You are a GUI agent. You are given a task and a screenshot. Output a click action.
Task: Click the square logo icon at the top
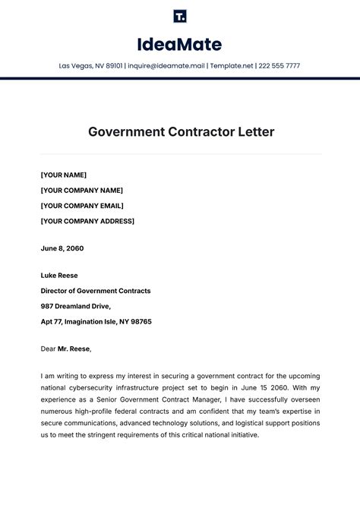179,16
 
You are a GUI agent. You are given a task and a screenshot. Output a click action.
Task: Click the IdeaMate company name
179,44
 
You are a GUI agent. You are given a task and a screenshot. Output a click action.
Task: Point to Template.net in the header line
232,66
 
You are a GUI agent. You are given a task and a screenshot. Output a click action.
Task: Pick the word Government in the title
125,131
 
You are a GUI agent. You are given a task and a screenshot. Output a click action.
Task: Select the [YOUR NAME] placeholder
64,175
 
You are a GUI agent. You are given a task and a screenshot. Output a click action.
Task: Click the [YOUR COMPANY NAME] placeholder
81,191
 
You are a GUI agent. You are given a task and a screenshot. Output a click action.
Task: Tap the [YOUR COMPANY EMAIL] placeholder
82,206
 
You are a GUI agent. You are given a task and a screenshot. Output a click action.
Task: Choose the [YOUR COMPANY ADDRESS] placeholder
87,221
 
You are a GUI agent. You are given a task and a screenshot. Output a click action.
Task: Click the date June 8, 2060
62,248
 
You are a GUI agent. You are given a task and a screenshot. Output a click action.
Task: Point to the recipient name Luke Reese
59,276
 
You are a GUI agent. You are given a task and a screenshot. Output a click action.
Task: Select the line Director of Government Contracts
96,291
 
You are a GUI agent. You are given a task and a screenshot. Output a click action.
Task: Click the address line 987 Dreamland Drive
76,306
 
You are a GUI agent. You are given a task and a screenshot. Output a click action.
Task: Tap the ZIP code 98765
141,321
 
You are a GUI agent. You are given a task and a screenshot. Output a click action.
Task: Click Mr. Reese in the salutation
74,349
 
